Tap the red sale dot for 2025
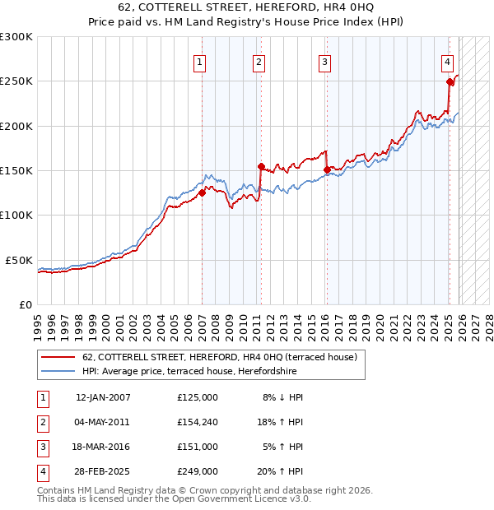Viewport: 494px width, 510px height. (450, 81)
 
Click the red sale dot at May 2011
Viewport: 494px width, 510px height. (260, 166)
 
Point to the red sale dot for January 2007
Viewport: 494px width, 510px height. (202, 192)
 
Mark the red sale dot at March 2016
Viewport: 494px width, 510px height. (327, 169)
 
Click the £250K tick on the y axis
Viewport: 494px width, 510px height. (16, 81)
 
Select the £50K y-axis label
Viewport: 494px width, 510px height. (19, 260)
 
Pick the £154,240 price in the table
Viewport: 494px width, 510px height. (198, 422)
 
